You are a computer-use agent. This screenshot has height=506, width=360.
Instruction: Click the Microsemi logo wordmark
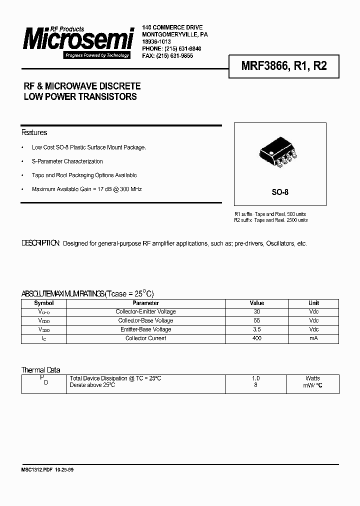pos(78,39)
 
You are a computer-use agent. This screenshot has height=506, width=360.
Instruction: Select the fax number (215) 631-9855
pos(174,56)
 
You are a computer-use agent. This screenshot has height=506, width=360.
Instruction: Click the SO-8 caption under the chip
pos(280,192)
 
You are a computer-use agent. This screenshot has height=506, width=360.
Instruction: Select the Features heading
pos(34,132)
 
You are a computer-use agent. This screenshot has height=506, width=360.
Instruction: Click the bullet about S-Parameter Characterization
pos(67,161)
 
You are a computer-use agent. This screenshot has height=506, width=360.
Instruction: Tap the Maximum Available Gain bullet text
pos(86,189)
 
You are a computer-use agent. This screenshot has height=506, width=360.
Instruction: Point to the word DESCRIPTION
pos(40,243)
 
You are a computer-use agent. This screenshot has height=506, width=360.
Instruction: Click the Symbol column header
pos(43,303)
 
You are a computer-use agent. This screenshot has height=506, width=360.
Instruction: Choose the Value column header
pos(256,303)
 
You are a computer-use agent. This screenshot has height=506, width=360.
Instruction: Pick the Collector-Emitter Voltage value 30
pos(256,311)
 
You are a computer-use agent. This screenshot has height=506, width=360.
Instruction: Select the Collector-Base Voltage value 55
pos(256,320)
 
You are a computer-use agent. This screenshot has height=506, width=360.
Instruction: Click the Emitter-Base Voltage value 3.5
pos(256,329)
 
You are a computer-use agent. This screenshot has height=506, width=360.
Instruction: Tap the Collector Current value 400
pos(256,338)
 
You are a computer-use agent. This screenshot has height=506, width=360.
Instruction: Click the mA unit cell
pos(313,338)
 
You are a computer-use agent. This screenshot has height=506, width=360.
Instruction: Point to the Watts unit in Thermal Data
pos(313,378)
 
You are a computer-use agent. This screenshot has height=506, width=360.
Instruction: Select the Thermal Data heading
pos(40,370)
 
